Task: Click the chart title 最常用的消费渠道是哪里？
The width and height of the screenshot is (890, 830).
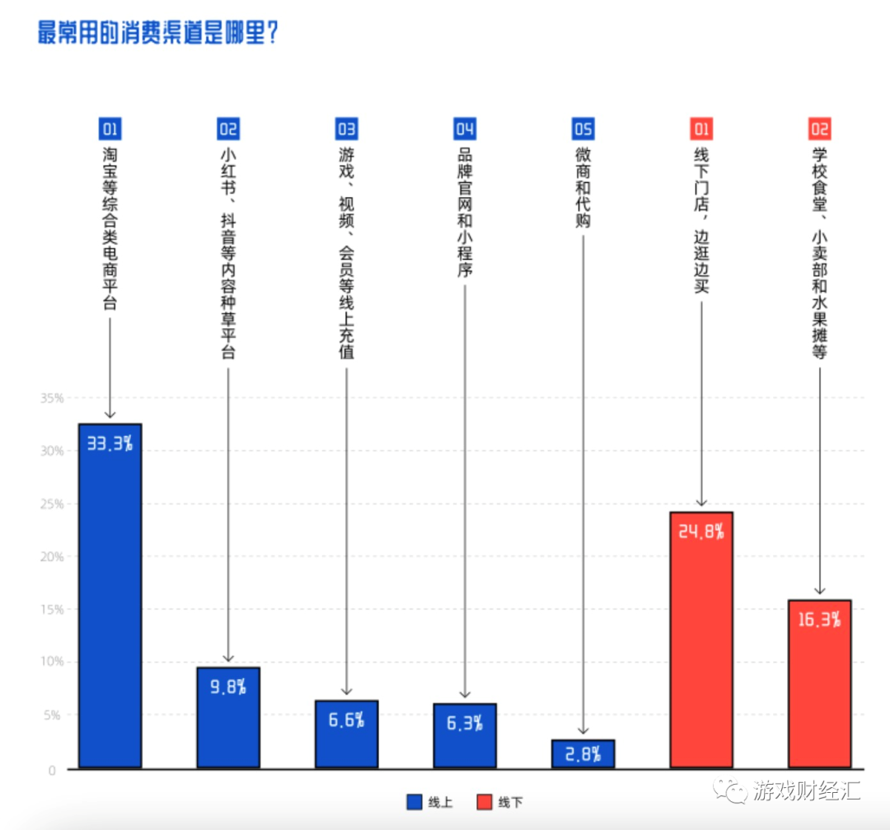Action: pyautogui.click(x=157, y=34)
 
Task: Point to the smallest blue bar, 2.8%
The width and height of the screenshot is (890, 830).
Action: pyautogui.click(x=583, y=754)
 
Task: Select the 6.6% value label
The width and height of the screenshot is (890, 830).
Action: pyautogui.click(x=346, y=720)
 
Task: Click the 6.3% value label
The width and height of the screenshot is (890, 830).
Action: pyautogui.click(x=465, y=723)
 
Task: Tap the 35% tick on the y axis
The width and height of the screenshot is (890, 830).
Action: pyautogui.click(x=52, y=398)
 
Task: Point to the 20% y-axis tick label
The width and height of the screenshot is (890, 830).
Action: pyautogui.click(x=52, y=556)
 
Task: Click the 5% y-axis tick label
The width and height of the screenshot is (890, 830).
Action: pyautogui.click(x=54, y=715)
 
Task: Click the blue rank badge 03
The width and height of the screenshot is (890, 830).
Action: pyautogui.click(x=346, y=129)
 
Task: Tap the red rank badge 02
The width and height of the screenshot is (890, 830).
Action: pyautogui.click(x=819, y=129)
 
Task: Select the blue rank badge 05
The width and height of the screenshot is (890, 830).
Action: pyautogui.click(x=583, y=129)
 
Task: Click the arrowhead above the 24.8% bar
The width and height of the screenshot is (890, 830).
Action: pyautogui.click(x=701, y=502)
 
